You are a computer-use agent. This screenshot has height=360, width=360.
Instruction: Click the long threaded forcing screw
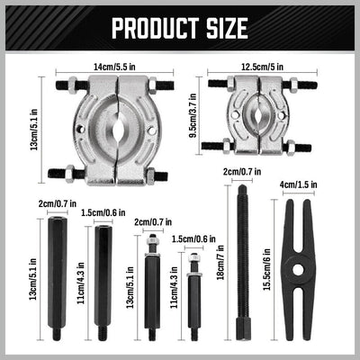coord(243,261)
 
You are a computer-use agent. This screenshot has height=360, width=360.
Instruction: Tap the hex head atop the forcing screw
coord(241,191)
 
